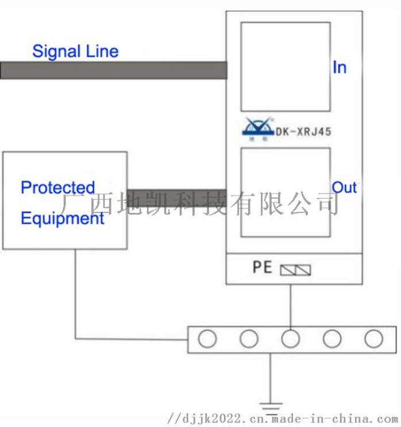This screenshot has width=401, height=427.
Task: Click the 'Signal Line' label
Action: pyautogui.click(x=75, y=51)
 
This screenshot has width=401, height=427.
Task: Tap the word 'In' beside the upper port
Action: pyautogui.click(x=340, y=68)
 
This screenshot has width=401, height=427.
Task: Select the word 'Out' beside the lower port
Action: pyautogui.click(x=345, y=188)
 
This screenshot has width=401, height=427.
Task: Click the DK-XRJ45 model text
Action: pyautogui.click(x=303, y=132)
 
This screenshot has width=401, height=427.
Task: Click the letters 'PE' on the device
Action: pyautogui.click(x=262, y=267)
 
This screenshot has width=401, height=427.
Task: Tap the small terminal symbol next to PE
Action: pyautogui.click(x=295, y=270)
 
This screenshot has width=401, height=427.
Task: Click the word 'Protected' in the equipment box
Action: pyautogui.click(x=57, y=188)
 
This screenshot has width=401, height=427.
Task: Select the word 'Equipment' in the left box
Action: pyautogui.click(x=63, y=219)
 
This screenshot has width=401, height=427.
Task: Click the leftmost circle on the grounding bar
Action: pyautogui.click(x=207, y=339)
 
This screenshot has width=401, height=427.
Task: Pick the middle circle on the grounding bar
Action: pyautogui.click(x=291, y=339)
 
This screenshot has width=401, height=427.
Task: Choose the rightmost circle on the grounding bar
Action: pyautogui.click(x=373, y=339)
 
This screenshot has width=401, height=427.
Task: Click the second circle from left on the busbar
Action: pyautogui.click(x=249, y=339)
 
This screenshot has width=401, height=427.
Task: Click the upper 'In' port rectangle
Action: pyautogui.click(x=285, y=67)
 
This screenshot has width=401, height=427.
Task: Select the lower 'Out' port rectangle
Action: pyautogui.click(x=285, y=192)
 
